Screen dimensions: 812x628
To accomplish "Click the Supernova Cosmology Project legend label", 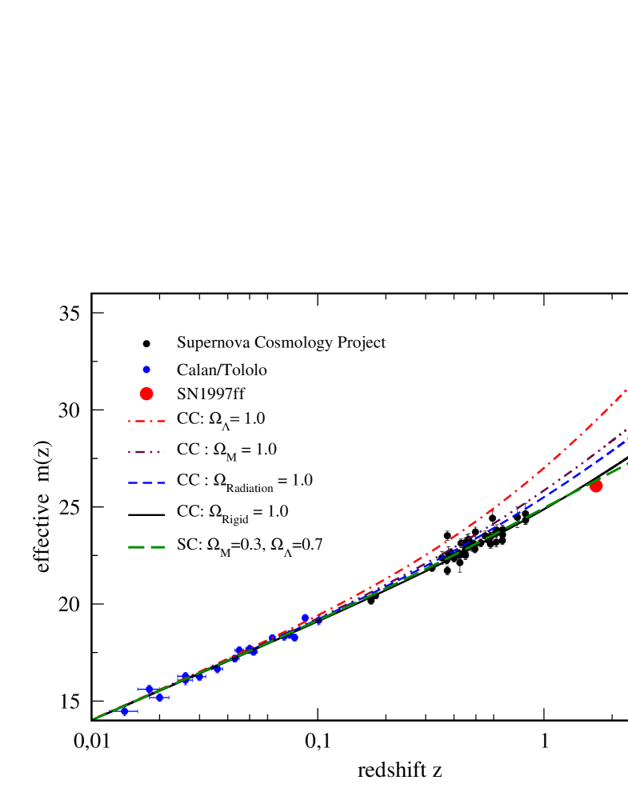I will click(281, 342).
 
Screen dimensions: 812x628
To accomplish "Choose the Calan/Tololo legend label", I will click(222, 370).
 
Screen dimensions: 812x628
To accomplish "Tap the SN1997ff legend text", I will click(210, 393).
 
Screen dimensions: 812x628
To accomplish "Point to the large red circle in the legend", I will click(146, 393).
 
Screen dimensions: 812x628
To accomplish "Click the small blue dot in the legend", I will click(146, 370).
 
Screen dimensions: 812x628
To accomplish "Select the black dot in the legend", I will click(146, 343).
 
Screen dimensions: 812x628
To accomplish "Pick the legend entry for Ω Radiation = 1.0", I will click(244, 482).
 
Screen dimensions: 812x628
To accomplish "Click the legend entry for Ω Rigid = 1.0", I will click(232, 513).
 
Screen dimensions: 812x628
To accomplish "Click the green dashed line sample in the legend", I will click(146, 547).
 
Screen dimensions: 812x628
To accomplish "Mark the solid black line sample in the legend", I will click(146, 514).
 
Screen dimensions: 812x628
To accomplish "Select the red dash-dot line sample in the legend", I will click(146, 419).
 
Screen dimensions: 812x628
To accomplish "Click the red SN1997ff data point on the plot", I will click(595, 486).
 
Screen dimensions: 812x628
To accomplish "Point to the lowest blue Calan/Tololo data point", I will click(125, 711).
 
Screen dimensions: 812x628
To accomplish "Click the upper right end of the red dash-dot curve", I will click(624, 391).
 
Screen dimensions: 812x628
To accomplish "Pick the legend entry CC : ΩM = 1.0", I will click(226, 450).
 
